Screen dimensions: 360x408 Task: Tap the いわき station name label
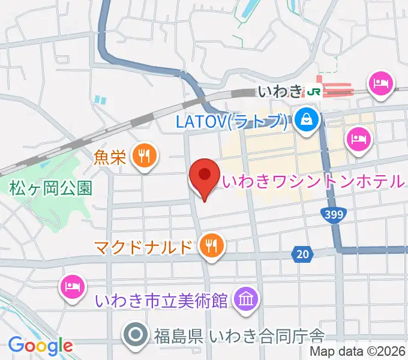[x=279, y=92]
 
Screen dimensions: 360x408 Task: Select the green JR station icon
[x=313, y=91]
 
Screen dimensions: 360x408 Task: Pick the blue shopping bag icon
[x=306, y=120]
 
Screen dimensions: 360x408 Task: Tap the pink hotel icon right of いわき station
[x=382, y=83]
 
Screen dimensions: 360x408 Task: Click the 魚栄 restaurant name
[x=110, y=157]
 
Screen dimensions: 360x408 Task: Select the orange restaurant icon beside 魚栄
[x=143, y=157]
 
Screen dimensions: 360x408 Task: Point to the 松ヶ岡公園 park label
[x=51, y=188]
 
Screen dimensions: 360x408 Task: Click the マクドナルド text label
[x=145, y=245]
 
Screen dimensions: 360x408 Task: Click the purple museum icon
[x=245, y=298]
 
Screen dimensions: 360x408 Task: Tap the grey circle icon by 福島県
[x=136, y=334]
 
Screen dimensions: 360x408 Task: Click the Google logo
[x=40, y=346]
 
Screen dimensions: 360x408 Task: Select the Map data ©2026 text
[x=358, y=352]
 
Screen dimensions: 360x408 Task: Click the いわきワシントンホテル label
[x=312, y=180]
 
